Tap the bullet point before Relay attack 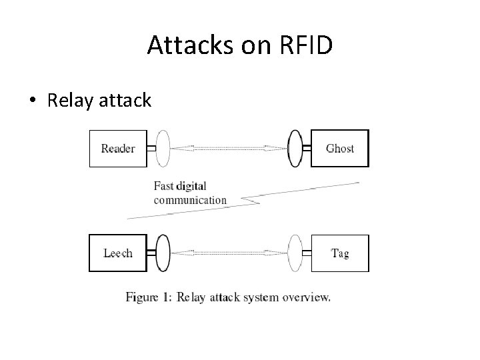click(x=32, y=101)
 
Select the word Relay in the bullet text click(x=69, y=101)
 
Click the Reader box click(x=117, y=148)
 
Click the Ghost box click(x=339, y=148)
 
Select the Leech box click(x=117, y=253)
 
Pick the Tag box click(x=339, y=253)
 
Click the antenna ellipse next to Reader click(x=163, y=148)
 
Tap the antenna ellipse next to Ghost click(x=295, y=148)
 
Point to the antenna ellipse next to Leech click(x=163, y=253)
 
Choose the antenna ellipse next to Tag click(x=295, y=253)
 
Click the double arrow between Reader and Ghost click(x=229, y=148)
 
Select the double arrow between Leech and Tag click(x=229, y=253)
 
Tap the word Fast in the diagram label click(x=165, y=186)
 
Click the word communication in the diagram click(x=190, y=199)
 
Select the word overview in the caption click(x=306, y=297)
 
